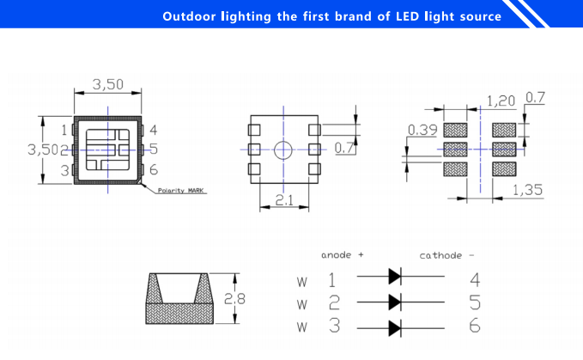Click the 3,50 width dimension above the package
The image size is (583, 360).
pyautogui.click(x=107, y=83)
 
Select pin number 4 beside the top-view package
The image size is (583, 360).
pyautogui.click(x=153, y=131)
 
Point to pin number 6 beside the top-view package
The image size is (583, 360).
pyautogui.click(x=153, y=170)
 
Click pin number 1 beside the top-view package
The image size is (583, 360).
pyautogui.click(x=64, y=131)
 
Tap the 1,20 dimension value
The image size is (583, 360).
pyautogui.click(x=501, y=101)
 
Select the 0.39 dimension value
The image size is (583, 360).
pyautogui.click(x=422, y=130)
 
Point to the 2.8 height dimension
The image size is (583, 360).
pyautogui.click(x=235, y=299)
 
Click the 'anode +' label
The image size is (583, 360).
pyautogui.click(x=342, y=255)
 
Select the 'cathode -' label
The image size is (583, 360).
pyautogui.click(x=446, y=255)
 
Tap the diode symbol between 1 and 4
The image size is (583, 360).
pyautogui.click(x=395, y=277)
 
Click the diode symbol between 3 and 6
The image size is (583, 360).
pyautogui.click(x=395, y=327)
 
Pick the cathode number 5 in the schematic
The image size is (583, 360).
pyautogui.click(x=475, y=302)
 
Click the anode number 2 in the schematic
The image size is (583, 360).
pyautogui.click(x=334, y=302)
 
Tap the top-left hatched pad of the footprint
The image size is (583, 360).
pyautogui.click(x=455, y=130)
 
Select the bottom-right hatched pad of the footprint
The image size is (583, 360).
pyautogui.click(x=503, y=168)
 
